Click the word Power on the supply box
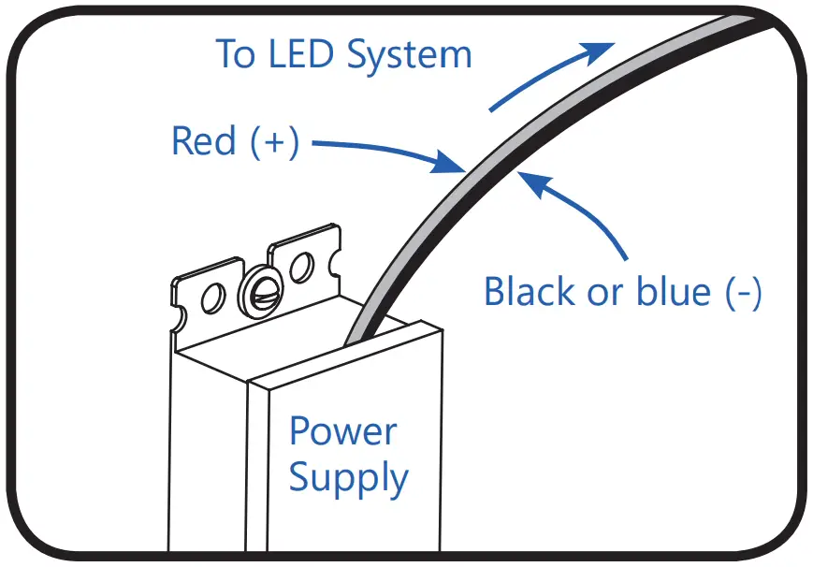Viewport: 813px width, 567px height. coord(342,431)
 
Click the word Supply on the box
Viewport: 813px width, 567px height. coord(348,477)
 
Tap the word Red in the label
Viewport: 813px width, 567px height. coord(203,141)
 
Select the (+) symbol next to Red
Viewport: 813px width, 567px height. coord(274,142)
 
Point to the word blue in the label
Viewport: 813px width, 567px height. coord(671,292)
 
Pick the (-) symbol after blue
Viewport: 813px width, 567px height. coord(744,293)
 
